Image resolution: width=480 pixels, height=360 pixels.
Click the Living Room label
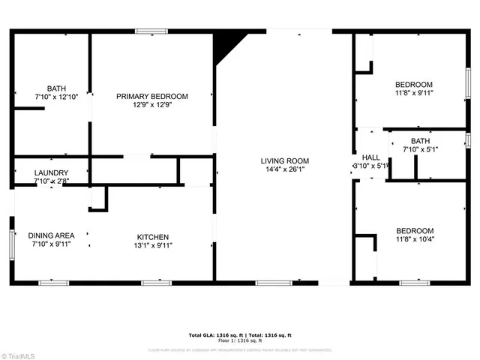click(x=284, y=160)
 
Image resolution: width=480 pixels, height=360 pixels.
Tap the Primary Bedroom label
click(x=151, y=96)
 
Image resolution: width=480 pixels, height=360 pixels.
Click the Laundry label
click(x=52, y=172)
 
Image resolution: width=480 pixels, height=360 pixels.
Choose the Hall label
click(x=370, y=157)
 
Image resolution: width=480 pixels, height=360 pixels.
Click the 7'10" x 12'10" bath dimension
click(x=56, y=97)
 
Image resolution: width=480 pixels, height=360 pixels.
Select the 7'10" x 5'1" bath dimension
click(x=419, y=150)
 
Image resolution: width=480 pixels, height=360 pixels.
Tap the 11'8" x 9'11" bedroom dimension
click(x=414, y=93)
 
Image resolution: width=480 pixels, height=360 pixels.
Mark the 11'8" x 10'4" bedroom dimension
click(x=414, y=240)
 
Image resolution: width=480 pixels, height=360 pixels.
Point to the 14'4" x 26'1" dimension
click(x=284, y=170)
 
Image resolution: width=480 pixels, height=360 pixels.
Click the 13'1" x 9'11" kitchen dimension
click(x=152, y=244)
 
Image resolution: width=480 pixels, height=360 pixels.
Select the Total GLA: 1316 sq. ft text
click(x=213, y=334)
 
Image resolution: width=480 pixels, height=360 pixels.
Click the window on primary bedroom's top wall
click(x=152, y=31)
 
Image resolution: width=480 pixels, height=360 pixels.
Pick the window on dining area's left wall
click(x=12, y=244)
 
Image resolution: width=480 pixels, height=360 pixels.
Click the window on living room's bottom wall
click(x=273, y=283)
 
